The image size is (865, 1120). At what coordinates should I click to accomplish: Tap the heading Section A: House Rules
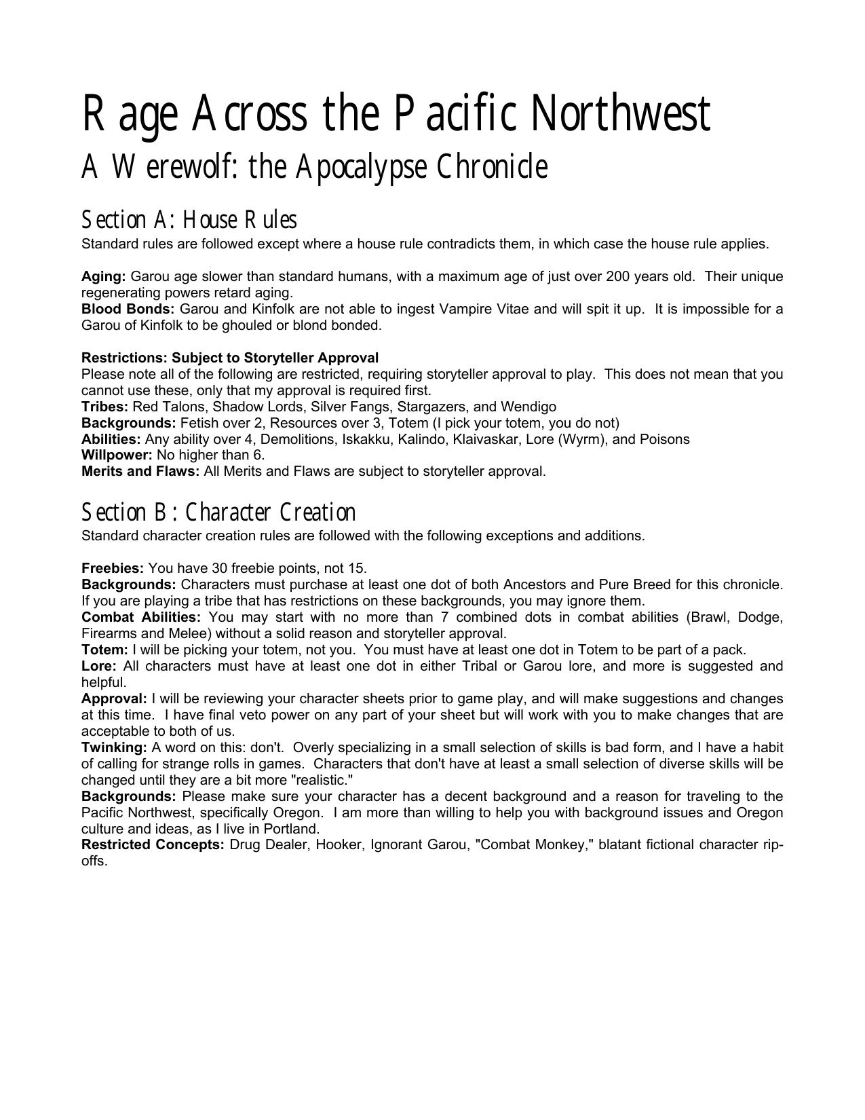click(189, 220)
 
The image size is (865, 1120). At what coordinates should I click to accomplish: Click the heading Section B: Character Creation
click(218, 512)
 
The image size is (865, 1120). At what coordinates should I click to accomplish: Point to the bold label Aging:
click(103, 276)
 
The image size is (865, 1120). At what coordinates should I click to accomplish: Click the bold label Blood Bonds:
click(128, 309)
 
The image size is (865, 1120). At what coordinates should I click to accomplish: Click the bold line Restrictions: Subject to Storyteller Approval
click(230, 358)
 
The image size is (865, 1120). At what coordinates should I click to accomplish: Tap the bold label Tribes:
click(104, 407)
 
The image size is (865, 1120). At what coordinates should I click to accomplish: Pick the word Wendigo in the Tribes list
click(528, 407)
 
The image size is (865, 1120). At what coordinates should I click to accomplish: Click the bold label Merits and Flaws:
click(140, 471)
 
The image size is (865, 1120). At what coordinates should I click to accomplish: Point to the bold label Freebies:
click(113, 568)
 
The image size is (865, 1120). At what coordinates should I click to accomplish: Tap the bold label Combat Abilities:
click(141, 617)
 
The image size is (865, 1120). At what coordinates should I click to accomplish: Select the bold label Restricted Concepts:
click(153, 845)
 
